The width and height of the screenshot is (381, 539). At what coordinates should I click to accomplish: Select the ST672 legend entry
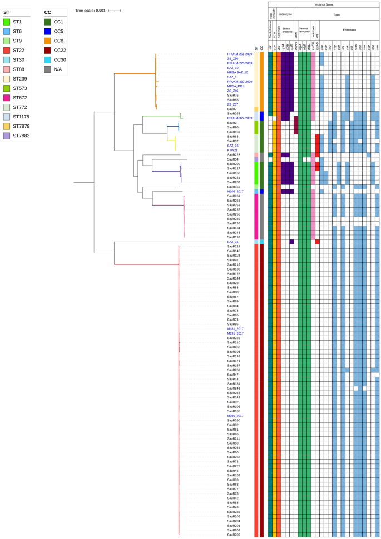point(17,97)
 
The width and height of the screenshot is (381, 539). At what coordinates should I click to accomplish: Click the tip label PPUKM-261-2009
point(239,54)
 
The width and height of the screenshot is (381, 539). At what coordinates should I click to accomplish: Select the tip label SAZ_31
point(233,242)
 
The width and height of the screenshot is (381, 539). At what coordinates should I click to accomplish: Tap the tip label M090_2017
point(235,415)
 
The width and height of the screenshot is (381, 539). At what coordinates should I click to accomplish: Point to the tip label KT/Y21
point(232,149)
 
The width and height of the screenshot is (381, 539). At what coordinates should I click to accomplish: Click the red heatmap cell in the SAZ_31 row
point(317,242)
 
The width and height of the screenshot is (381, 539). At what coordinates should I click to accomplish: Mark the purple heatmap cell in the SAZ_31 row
point(291,242)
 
